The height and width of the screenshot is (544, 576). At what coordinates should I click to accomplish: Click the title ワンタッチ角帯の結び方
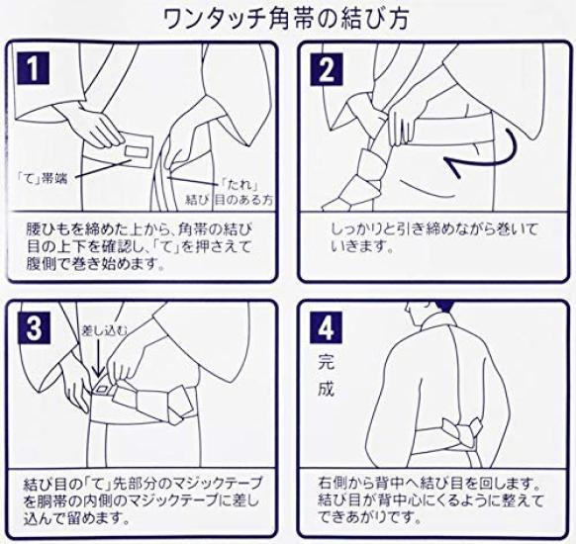tap(288, 17)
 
